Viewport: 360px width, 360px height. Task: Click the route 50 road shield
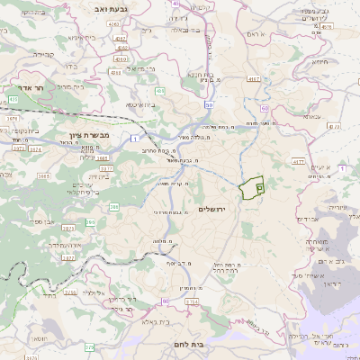tap(210, 105)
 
